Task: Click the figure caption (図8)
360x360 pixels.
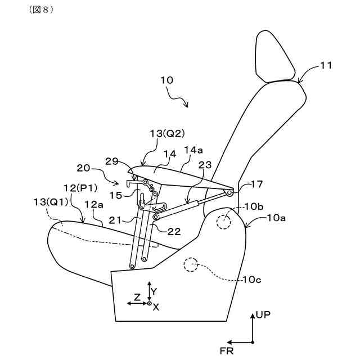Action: pyautogui.click(x=40, y=11)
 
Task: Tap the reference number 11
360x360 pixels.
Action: pyautogui.click(x=326, y=66)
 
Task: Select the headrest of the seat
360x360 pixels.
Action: pyautogui.click(x=275, y=56)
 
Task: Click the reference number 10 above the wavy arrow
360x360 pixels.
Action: pyautogui.click(x=166, y=80)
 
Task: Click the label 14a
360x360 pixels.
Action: pyautogui.click(x=193, y=150)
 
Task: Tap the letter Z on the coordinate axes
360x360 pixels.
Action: pyautogui.click(x=137, y=296)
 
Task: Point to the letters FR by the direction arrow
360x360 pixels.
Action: pyautogui.click(x=227, y=352)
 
